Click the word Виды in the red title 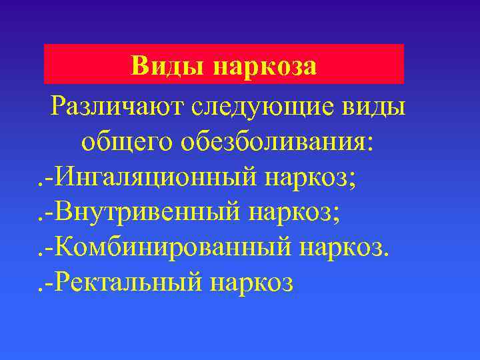click(167, 66)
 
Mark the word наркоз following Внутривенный click(291, 213)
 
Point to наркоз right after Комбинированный click(345, 247)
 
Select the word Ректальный click(128, 283)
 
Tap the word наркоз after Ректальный click(251, 283)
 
